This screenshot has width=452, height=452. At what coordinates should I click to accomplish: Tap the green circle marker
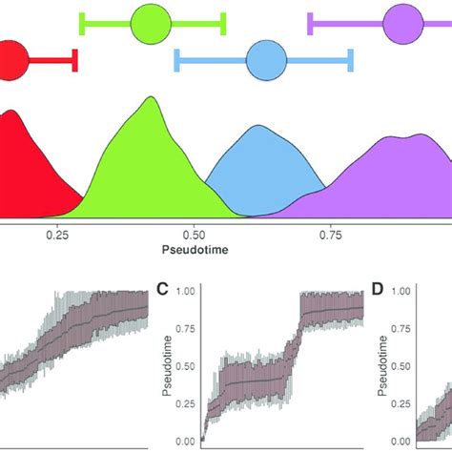tap(151, 24)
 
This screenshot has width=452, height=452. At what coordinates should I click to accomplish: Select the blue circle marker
tap(266, 61)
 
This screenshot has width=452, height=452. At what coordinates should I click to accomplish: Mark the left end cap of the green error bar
tap(82, 24)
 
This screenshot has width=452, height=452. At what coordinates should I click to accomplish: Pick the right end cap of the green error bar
tap(223, 24)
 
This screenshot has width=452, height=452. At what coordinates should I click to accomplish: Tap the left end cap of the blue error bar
tap(176, 61)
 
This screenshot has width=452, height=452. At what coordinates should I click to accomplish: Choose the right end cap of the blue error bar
tap(351, 61)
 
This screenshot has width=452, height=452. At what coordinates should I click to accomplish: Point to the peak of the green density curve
tap(149, 98)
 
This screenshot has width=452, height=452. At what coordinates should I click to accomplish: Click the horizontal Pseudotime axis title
tap(194, 251)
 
